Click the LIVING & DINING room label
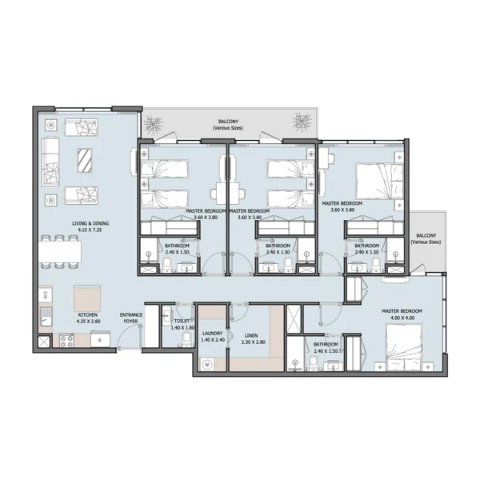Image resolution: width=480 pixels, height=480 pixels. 90,223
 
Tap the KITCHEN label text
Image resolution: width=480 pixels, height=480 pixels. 87,314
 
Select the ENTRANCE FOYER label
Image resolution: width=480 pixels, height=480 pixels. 131,318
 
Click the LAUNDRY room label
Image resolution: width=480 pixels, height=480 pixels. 213,334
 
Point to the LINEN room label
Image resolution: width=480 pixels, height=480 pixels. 251,336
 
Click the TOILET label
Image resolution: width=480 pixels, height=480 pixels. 182,321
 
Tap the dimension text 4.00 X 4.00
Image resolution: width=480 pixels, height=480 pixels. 402,318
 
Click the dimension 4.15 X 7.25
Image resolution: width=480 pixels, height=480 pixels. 90,230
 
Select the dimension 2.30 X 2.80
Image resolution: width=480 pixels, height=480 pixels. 253,342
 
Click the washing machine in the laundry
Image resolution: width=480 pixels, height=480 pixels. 207,365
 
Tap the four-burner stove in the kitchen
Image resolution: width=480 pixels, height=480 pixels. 66,341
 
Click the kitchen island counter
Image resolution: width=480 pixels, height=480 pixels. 87,298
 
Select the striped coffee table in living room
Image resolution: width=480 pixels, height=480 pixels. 85,161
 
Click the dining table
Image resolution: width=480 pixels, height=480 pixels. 61,252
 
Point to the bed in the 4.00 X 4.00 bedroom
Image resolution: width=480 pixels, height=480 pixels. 404,347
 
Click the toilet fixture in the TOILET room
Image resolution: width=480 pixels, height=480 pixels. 186,339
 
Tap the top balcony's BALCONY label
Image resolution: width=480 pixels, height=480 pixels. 228,122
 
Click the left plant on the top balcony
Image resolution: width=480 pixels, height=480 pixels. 154,126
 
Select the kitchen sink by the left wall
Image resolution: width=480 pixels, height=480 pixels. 46,317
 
